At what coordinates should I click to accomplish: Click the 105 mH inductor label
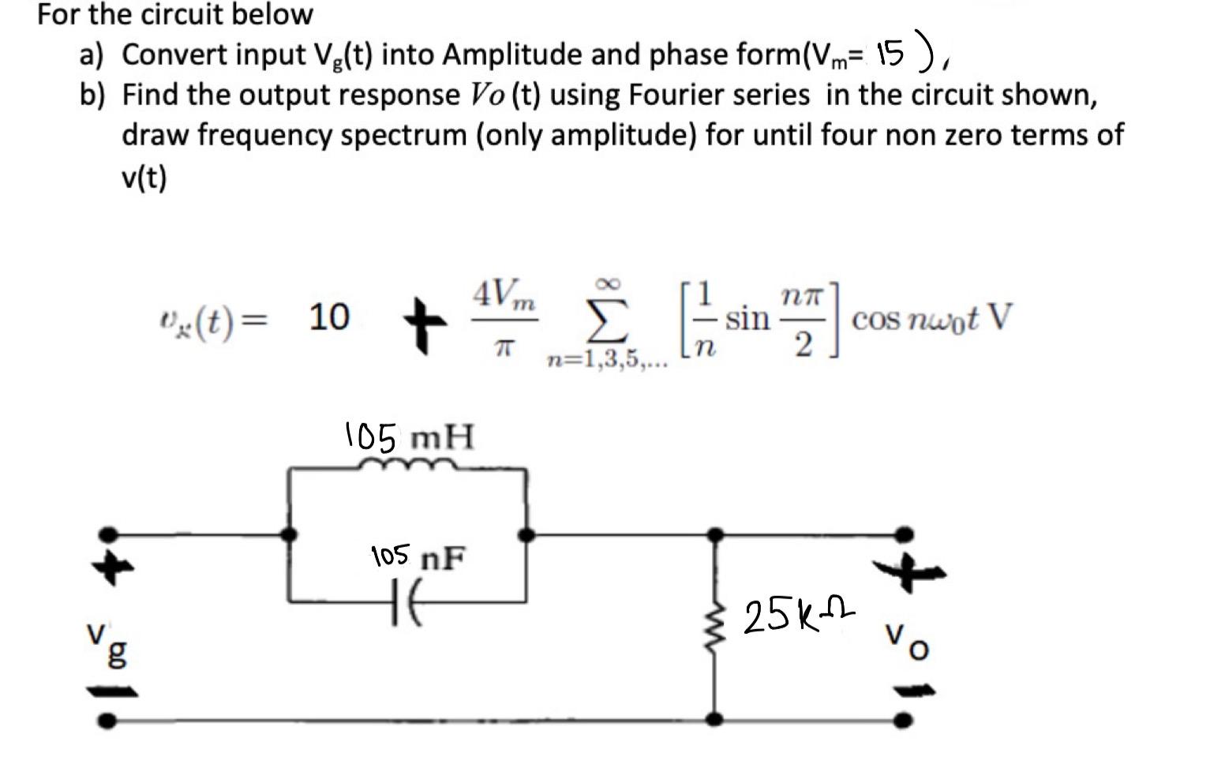coord(410,436)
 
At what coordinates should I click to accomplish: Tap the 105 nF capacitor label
coord(418,557)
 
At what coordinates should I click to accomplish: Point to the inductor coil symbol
coord(406,466)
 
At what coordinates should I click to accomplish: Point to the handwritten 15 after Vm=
coord(890,54)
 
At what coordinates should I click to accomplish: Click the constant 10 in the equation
coord(328,317)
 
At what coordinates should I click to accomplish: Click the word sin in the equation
coord(747,318)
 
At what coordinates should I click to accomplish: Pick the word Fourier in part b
coord(758,95)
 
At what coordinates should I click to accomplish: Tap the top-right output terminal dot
coord(907,534)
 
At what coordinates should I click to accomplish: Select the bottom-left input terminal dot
coord(111,720)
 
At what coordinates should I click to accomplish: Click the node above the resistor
coord(715,534)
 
